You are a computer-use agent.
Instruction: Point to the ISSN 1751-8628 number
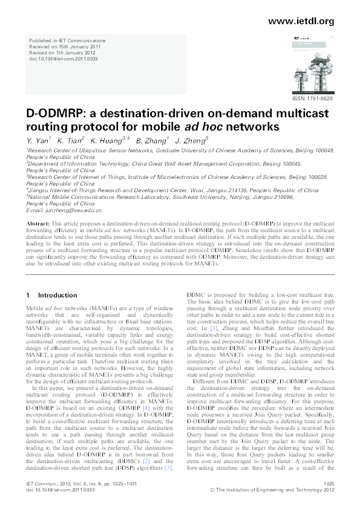click(x=312, y=98)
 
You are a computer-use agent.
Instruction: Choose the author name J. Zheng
click(x=191, y=141)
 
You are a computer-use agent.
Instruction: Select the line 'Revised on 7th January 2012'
click(x=63, y=54)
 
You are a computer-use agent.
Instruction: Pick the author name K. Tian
click(x=71, y=141)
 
